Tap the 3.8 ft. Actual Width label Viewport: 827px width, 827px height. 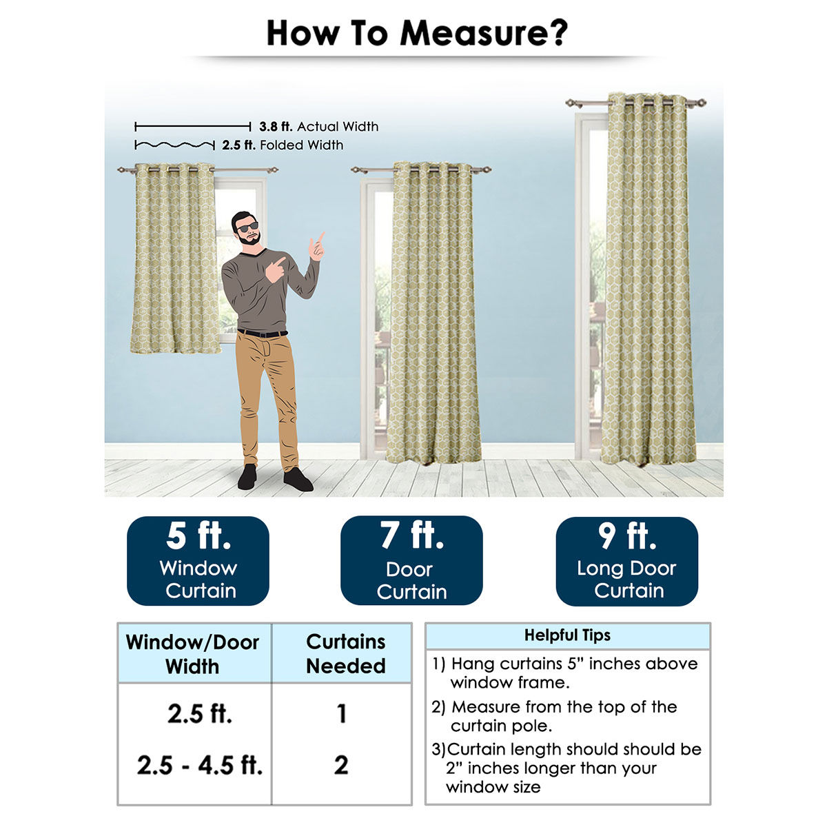[318, 127]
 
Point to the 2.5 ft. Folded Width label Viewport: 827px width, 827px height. [283, 145]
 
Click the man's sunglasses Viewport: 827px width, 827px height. [247, 227]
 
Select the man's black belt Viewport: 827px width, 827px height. [262, 333]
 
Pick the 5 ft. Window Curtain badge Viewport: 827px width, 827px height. [198, 560]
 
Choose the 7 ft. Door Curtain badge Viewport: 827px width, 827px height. [411, 560]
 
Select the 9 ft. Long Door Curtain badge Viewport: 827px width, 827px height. [626, 562]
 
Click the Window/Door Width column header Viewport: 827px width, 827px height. [192, 654]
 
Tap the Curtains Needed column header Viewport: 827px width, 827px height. [345, 653]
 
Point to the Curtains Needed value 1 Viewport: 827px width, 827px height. [342, 714]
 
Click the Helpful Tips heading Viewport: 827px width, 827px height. [567, 635]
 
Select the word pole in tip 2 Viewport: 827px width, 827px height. [536, 726]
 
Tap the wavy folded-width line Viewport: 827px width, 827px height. [174, 145]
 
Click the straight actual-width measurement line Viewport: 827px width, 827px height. [193, 127]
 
